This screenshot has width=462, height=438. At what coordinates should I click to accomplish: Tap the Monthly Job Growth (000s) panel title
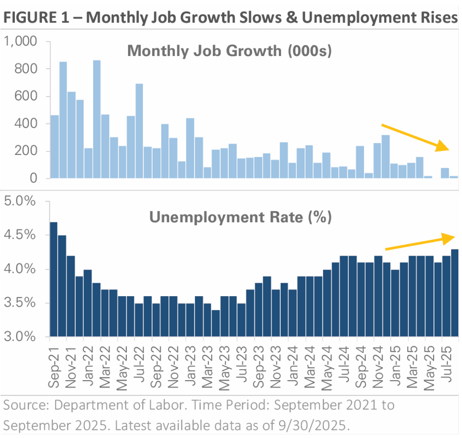229,51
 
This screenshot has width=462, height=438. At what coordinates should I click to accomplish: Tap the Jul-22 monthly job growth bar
139,131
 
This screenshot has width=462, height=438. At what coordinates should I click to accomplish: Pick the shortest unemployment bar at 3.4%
216,323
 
